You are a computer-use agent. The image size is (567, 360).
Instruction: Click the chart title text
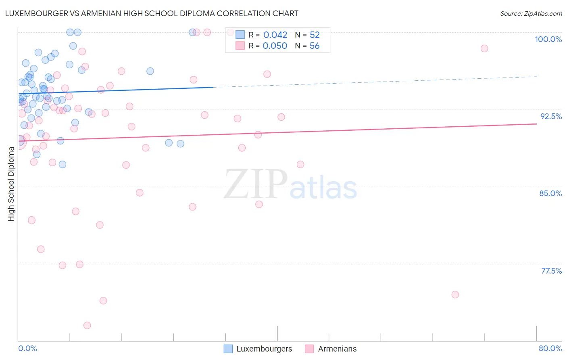[152, 13]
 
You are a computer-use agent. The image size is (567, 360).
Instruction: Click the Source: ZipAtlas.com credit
[531, 14]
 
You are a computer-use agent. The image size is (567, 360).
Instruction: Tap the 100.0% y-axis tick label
[548, 39]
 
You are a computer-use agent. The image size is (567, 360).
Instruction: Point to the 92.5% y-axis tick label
[551, 116]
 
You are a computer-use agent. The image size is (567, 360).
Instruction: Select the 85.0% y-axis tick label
[550, 193]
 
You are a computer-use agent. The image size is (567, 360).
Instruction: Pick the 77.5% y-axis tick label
[551, 271]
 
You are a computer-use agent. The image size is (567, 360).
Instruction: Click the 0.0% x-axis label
[27, 348]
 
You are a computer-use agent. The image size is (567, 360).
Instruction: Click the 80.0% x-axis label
[550, 348]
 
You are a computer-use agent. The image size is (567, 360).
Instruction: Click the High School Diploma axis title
[11, 184]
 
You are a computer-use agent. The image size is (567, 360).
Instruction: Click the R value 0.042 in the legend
[275, 35]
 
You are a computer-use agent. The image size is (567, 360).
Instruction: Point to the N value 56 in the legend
[315, 46]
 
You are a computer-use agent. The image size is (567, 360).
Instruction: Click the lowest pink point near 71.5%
[87, 325]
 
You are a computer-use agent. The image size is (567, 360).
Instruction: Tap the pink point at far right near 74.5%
[455, 295]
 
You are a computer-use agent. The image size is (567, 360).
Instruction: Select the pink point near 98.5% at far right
[484, 48]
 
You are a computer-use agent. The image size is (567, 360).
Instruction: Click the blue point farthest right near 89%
[180, 144]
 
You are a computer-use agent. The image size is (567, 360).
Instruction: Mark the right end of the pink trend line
[536, 124]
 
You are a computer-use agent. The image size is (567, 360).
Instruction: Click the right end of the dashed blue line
[536, 76]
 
